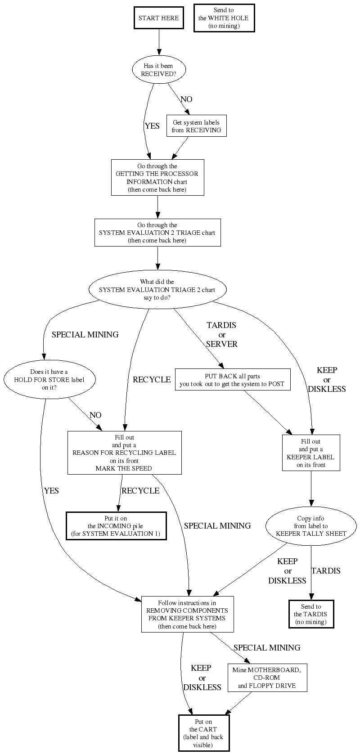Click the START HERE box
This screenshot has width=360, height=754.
coord(158,18)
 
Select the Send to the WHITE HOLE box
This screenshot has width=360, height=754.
coord(224,18)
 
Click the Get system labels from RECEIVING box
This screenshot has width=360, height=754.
coord(196,126)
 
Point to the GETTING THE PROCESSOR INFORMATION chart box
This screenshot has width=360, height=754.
coord(157,178)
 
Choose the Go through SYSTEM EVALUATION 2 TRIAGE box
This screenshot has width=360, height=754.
coord(157,233)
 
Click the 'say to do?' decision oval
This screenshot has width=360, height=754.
coord(157,290)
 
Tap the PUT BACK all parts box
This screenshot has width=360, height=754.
coord(232,380)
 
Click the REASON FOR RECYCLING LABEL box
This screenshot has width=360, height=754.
coord(124,453)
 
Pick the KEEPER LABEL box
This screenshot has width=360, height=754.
coord(310,453)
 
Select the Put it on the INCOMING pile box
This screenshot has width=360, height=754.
coord(116,526)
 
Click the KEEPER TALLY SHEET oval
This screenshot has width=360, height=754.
coord(311,526)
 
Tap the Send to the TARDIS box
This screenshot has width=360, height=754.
coord(310,614)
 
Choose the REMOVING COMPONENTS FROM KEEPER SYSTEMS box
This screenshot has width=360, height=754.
coord(187,614)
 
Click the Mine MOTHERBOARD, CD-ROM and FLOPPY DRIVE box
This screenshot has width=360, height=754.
coord(267,678)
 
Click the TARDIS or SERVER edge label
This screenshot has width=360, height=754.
coord(221,335)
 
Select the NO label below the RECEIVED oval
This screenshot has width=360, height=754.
coord(186,99)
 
